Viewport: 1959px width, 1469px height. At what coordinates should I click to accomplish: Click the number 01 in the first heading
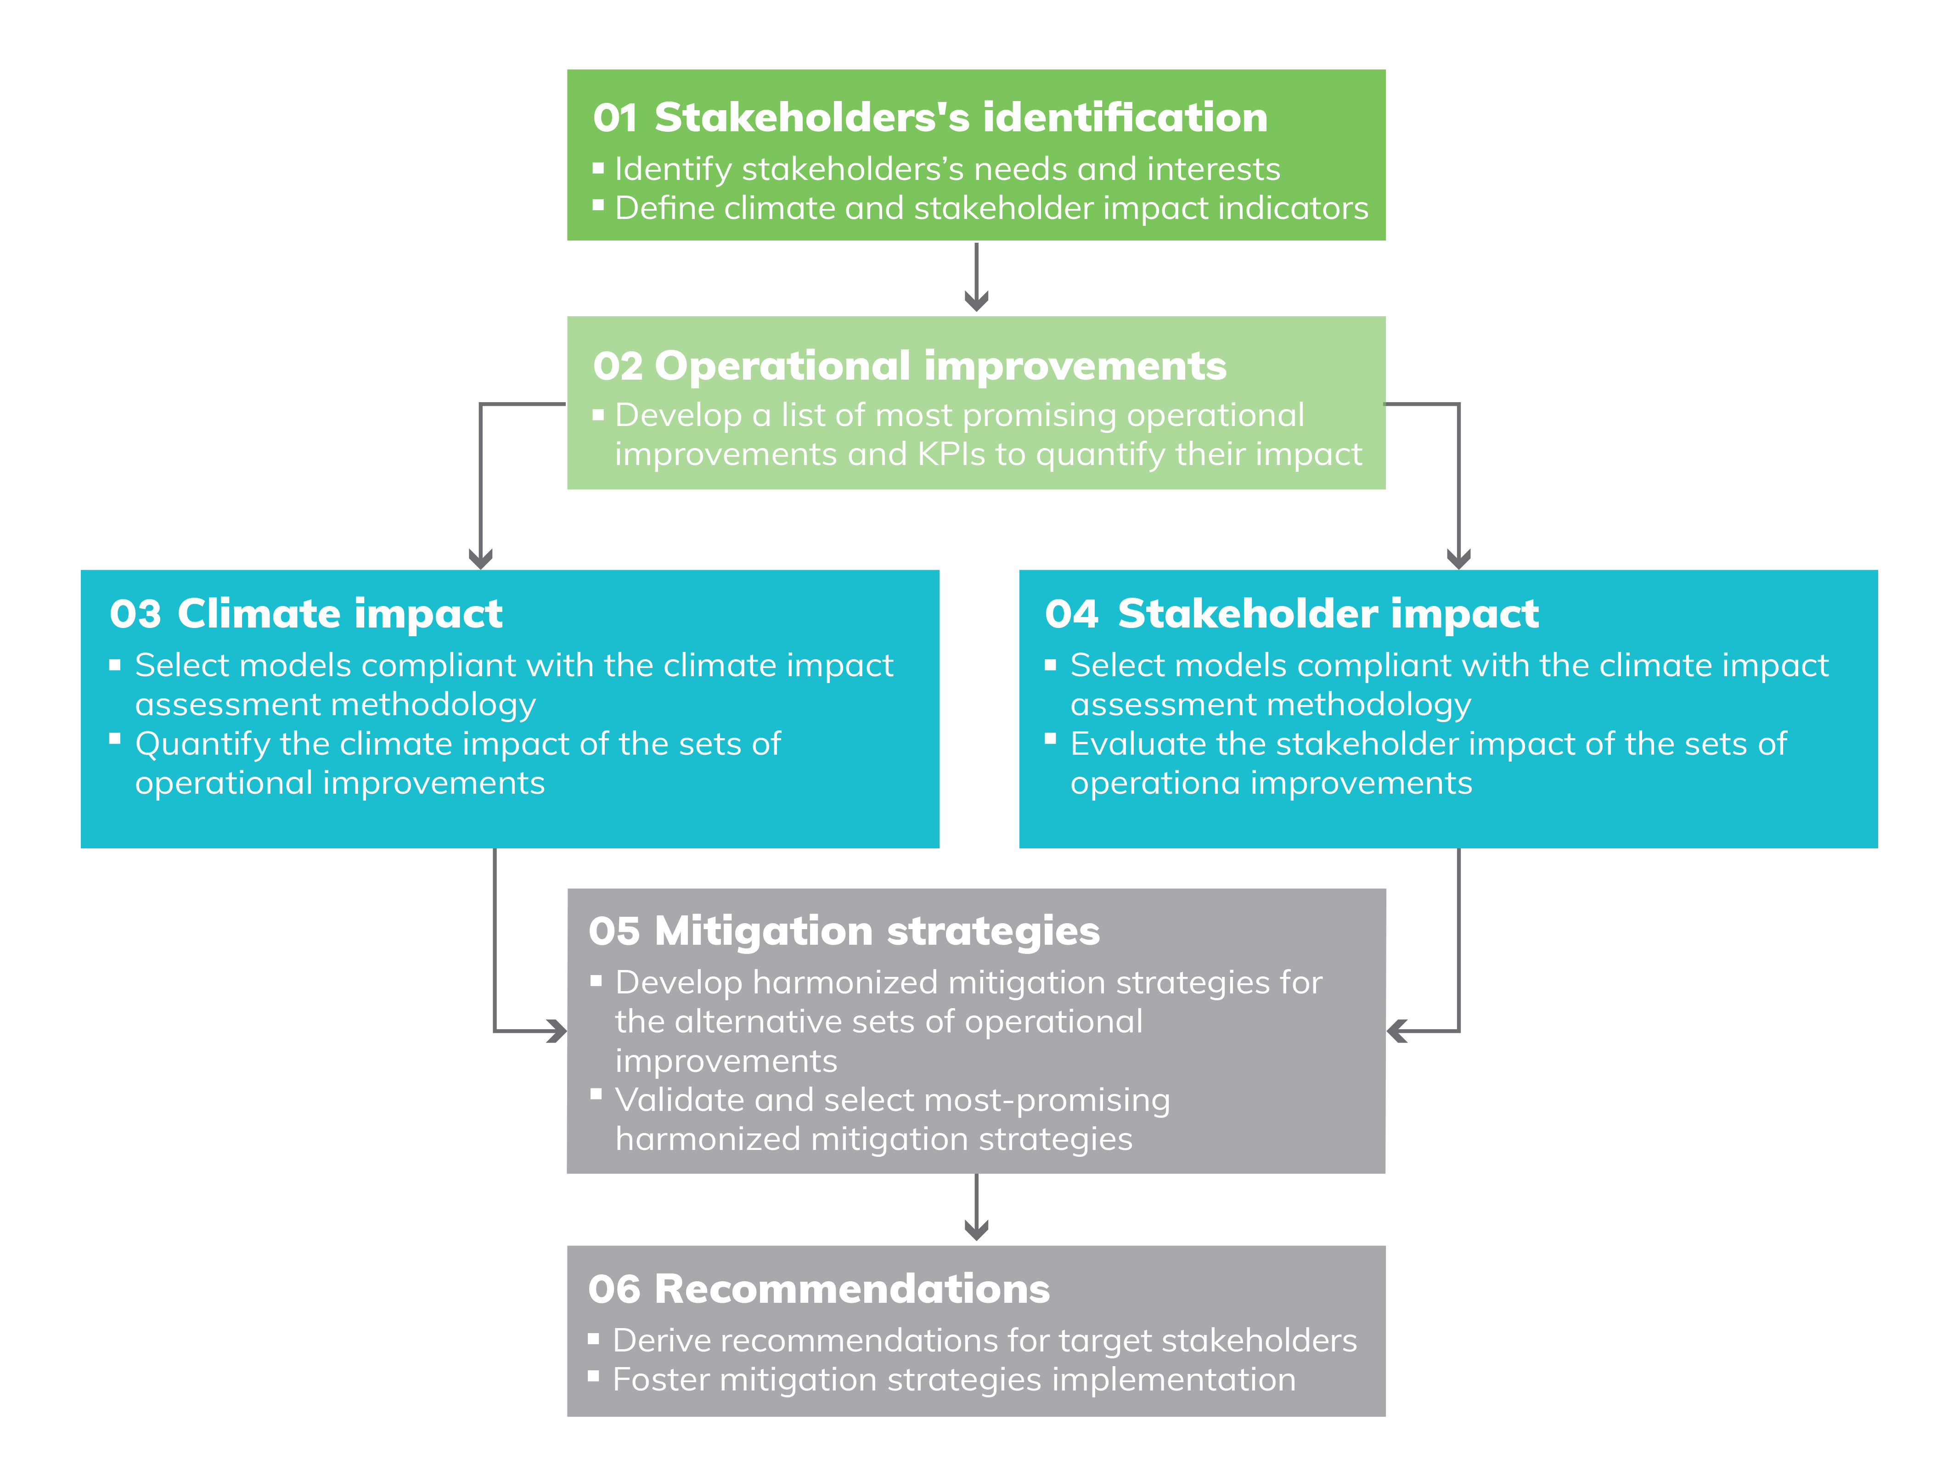(x=615, y=118)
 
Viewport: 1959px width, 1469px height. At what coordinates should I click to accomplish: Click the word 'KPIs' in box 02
(x=951, y=454)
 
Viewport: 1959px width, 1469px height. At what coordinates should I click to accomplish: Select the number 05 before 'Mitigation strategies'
(x=614, y=931)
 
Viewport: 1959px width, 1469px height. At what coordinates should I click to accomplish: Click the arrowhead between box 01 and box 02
(x=976, y=301)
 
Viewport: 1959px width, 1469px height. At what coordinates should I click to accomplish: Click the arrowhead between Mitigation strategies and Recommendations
(x=976, y=1230)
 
